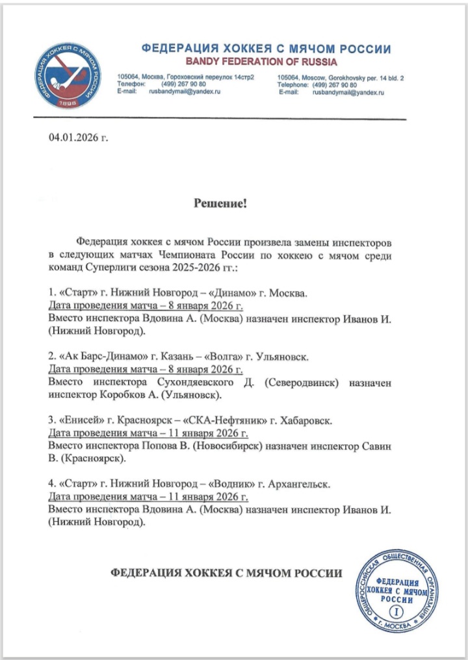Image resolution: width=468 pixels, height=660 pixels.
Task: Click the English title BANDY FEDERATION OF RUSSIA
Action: click(261, 62)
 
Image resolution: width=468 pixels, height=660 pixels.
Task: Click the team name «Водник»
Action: click(233, 484)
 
